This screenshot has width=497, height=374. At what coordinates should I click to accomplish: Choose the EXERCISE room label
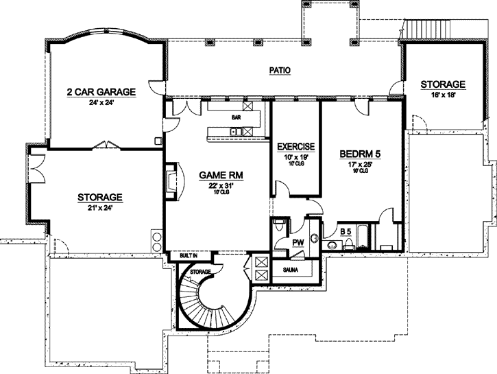[295, 147]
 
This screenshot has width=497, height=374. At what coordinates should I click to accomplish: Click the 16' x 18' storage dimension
[442, 95]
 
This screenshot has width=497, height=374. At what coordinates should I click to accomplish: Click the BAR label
[235, 117]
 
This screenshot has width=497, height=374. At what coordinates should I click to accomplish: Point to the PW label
[298, 242]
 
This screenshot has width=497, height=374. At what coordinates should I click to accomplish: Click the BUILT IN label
[189, 255]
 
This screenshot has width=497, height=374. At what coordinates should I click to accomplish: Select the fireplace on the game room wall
[169, 180]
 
